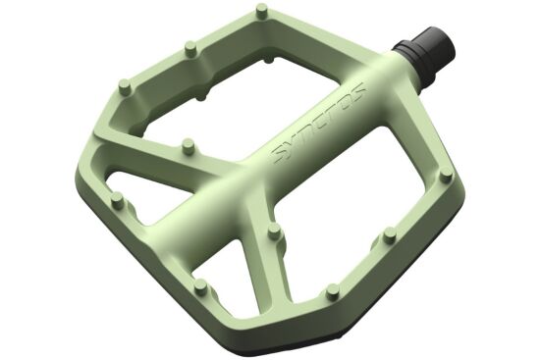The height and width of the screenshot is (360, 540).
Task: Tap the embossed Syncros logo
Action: click(319, 123)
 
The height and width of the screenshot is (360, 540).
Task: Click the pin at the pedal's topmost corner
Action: click(263, 12)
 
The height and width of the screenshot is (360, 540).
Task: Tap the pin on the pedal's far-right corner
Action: click(447, 175)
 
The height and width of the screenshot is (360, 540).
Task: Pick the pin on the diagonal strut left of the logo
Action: click(189, 146)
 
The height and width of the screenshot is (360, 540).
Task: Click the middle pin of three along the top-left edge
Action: click(190, 48)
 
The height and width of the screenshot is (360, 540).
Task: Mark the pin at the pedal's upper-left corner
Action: click(125, 86)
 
